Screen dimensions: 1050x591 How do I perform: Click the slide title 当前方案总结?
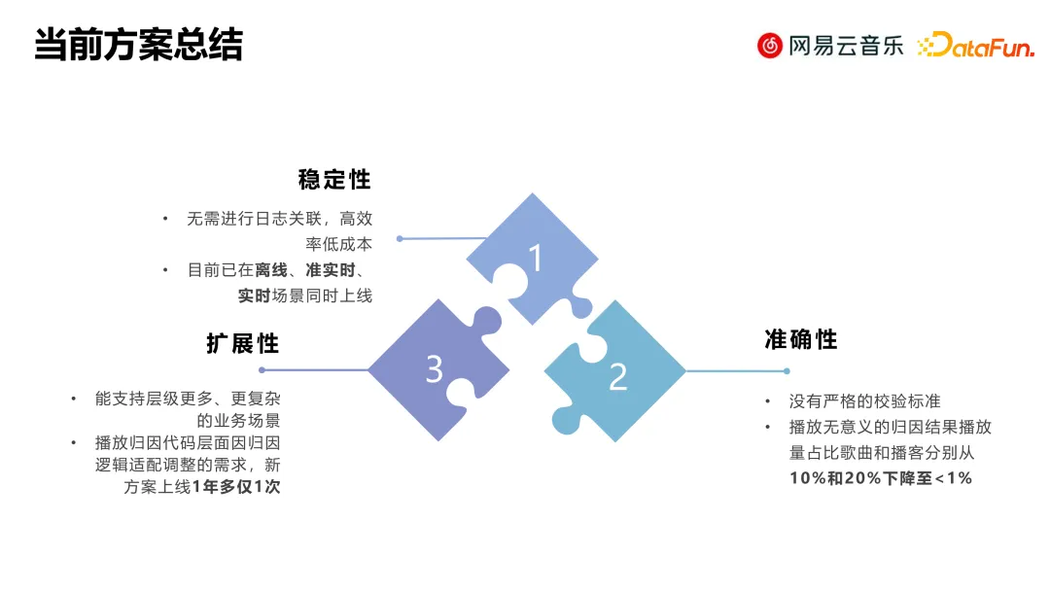coord(138,46)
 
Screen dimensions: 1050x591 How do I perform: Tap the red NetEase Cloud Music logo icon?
coord(770,45)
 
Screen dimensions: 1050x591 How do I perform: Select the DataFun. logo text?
coord(976,45)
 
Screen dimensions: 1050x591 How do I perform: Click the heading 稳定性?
coord(334,180)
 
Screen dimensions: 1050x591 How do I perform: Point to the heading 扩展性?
coord(242,343)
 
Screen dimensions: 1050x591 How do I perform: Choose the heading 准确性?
coord(801,339)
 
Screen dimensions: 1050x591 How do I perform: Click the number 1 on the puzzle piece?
coord(535,259)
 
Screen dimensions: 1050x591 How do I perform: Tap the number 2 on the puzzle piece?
coord(617,377)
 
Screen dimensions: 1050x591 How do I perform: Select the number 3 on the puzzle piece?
coord(435,369)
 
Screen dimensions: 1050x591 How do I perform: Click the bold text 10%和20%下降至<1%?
coord(881,478)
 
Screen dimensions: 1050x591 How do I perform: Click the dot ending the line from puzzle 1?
coord(400,238)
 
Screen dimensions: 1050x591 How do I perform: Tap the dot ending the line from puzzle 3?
coord(262,369)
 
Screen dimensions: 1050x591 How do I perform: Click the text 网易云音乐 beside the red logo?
coord(846,46)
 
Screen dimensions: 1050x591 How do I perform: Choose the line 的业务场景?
coord(238,421)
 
